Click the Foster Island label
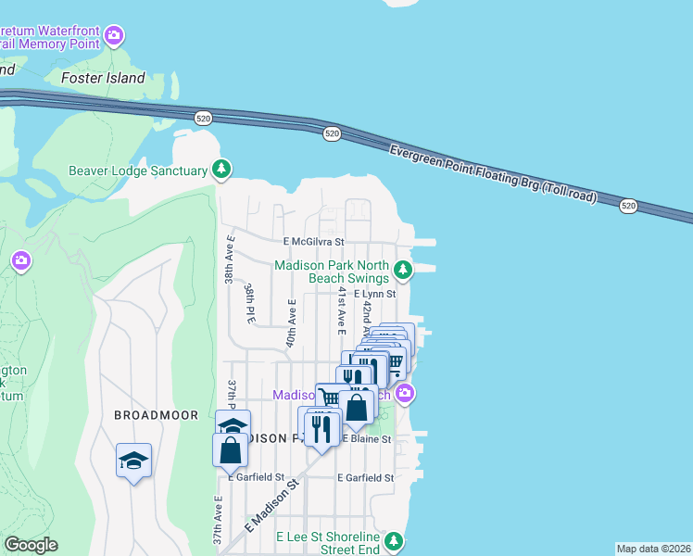[x=103, y=78]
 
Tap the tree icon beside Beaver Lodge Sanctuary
[x=220, y=169]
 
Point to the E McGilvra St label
[x=314, y=241]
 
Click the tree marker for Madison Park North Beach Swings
[x=402, y=271]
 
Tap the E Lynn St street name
[x=374, y=294]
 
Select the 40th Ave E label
[x=291, y=321]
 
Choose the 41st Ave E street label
[x=341, y=310]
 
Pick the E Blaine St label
[x=367, y=438]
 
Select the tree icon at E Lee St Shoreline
[x=395, y=540]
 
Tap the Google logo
[x=31, y=545]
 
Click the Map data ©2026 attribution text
[x=653, y=549]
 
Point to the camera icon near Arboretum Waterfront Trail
[x=114, y=36]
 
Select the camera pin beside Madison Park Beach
[x=404, y=395]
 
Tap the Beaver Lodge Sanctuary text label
[x=137, y=171]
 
